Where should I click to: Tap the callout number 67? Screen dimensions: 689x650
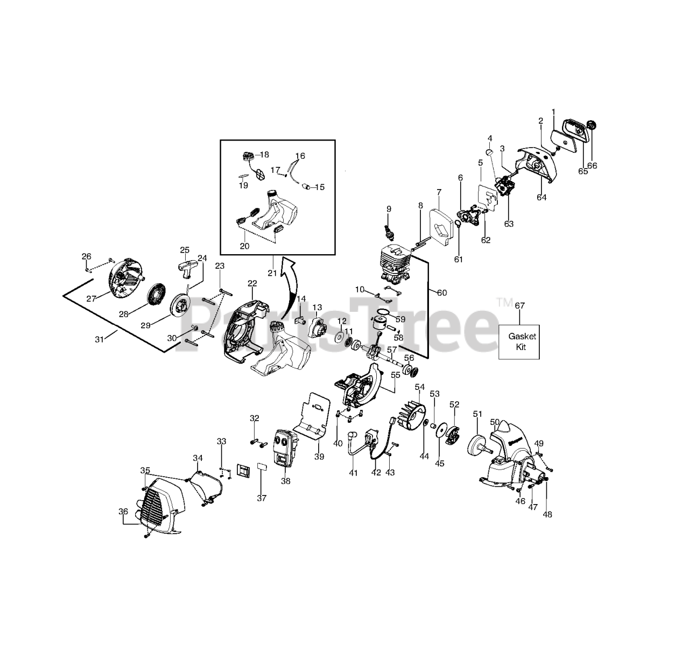click(519, 306)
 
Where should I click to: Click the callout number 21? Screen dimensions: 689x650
click(272, 273)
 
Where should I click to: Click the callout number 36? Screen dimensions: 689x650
click(123, 512)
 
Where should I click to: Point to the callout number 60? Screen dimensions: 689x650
click(441, 293)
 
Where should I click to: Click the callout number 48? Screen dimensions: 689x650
click(547, 514)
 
